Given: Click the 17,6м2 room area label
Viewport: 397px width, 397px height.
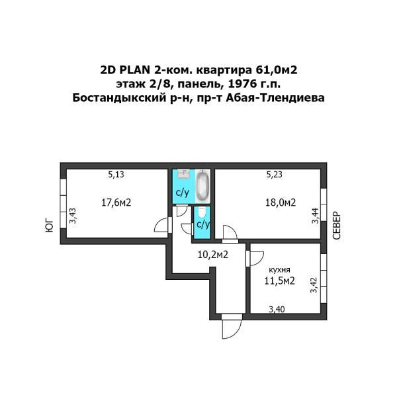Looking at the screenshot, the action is (116, 202).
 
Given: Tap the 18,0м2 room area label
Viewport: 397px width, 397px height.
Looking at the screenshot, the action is (281, 202).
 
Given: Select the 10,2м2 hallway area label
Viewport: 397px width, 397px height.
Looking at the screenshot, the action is (213, 255).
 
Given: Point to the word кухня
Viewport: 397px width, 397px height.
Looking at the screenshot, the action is (279, 270).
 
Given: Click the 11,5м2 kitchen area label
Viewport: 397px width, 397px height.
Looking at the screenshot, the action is (279, 281).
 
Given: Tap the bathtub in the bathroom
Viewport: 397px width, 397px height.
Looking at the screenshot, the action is (203, 185).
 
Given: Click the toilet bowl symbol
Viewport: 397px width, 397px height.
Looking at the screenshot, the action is (202, 212).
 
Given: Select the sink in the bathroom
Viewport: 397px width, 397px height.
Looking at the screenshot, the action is (184, 173).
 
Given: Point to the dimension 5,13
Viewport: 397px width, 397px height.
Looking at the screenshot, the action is (116, 175).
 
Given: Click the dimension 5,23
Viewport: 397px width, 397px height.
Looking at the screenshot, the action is (275, 175).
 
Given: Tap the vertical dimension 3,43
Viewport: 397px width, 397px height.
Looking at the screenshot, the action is (73, 216).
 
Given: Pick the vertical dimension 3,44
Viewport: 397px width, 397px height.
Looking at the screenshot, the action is (315, 216).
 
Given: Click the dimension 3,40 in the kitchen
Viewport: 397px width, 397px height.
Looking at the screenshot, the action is (277, 309).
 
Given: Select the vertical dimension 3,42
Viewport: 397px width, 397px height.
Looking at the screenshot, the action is (314, 285).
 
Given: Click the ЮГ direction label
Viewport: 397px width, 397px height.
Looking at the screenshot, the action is (50, 226).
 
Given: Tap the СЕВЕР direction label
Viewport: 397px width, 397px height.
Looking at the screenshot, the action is (337, 226).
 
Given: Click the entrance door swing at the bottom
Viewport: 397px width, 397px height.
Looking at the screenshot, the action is (229, 329).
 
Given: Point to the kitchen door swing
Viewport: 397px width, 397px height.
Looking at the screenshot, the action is (256, 259).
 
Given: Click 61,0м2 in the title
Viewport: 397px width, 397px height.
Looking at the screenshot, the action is (277, 70).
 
